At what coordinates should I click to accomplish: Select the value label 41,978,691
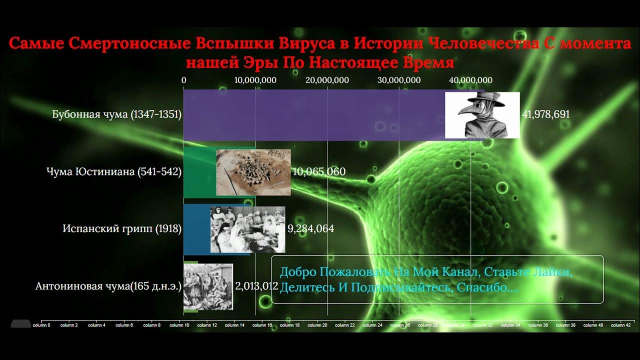tap(545, 114)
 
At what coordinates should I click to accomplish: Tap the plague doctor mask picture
tap(482, 115)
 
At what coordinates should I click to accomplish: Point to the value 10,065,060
tap(318, 172)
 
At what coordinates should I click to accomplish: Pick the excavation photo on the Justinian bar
tap(253, 172)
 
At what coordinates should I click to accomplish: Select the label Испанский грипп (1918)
tap(122, 229)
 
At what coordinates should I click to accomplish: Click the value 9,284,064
tap(310, 229)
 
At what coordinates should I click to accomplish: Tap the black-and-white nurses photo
tap(247, 229)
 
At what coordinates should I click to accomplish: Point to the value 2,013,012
tap(256, 286)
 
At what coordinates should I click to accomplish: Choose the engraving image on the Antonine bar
tap(208, 286)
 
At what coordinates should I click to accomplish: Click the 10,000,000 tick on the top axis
tap(255, 80)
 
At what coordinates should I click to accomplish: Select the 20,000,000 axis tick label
tap(327, 80)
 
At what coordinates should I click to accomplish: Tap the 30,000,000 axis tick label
tap(398, 80)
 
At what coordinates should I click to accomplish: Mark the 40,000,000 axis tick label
tap(470, 80)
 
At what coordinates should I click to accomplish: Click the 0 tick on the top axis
tap(184, 80)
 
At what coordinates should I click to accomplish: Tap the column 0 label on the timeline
tap(41, 325)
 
